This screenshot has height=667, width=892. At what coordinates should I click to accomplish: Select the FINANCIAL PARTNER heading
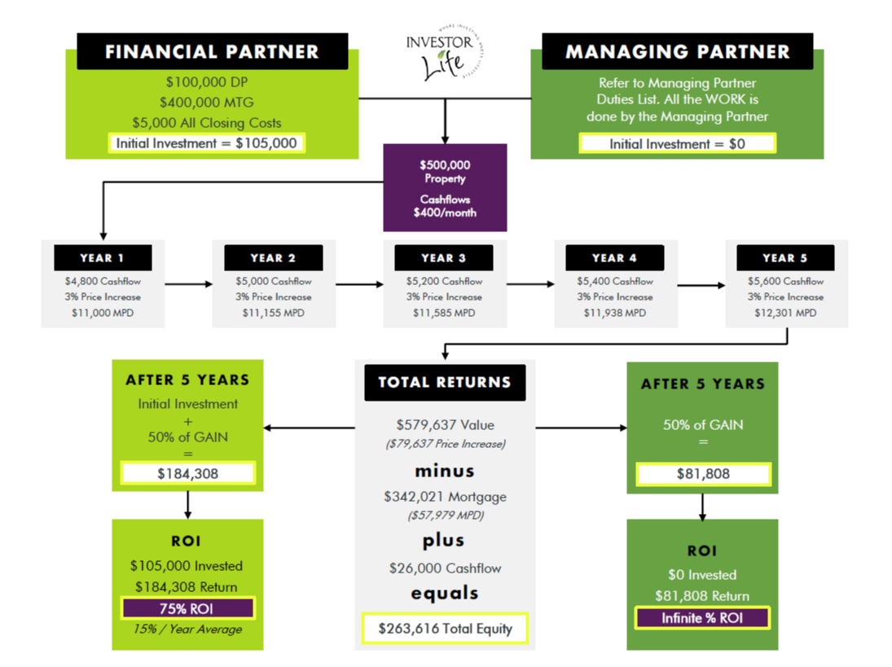[x=212, y=52]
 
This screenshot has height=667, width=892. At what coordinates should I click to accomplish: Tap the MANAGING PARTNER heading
[x=678, y=52]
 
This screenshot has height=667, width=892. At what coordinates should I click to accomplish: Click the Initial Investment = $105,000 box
[x=209, y=143]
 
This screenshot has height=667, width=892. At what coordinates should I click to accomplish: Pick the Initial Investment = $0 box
[x=677, y=143]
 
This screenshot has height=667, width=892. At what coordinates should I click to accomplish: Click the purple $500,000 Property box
[x=445, y=187]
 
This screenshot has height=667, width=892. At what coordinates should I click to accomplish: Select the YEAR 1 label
[x=103, y=258]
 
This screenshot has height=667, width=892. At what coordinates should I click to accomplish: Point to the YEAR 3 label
[x=444, y=258]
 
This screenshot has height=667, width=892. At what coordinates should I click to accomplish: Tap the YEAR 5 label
[x=785, y=258]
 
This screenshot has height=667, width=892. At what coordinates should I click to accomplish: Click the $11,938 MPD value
[x=614, y=313]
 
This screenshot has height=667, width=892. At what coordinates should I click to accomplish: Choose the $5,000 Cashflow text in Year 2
[x=274, y=282]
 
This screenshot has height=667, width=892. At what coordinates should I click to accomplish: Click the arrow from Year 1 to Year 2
[x=188, y=284]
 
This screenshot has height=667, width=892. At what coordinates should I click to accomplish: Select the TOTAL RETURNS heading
[x=445, y=382]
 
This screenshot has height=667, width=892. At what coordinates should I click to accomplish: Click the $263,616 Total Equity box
[x=445, y=628]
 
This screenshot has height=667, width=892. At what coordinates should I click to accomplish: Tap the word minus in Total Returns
[x=445, y=471]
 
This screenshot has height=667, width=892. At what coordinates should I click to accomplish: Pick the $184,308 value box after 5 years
[x=188, y=473]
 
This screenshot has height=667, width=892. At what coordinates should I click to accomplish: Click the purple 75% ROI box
[x=188, y=608]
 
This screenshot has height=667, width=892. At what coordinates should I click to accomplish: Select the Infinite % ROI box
[x=703, y=617]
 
